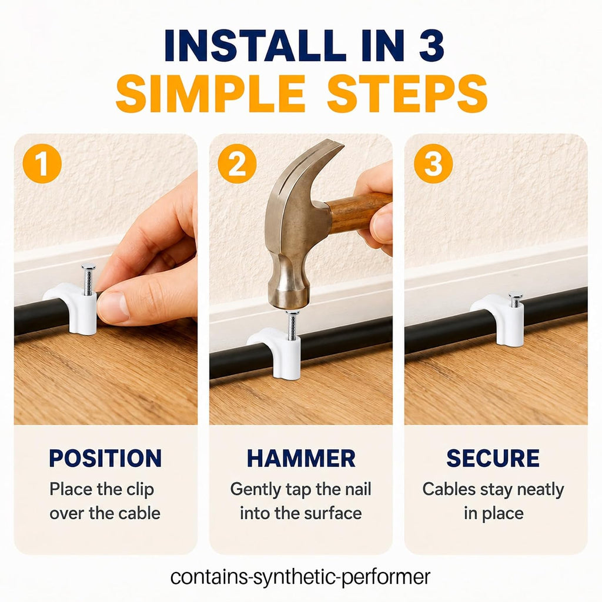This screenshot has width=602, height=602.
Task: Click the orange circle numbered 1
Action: [x=42, y=163]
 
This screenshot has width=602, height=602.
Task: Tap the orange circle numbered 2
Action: [x=238, y=163]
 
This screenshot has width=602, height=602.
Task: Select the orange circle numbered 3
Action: [x=433, y=163]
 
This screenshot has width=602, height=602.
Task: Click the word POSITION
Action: [x=106, y=458]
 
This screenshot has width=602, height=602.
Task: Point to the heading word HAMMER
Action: [x=301, y=458]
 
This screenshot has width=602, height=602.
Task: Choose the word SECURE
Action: [x=493, y=458]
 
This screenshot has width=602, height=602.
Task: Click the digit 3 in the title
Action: [x=432, y=45]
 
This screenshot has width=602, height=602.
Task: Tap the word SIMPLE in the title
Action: [x=211, y=93]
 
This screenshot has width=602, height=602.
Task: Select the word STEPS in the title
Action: [x=407, y=93]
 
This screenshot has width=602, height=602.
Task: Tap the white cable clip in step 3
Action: [x=500, y=318]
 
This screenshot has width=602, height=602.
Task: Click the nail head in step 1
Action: [x=89, y=266]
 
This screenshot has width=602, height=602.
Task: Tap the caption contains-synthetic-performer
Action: [x=300, y=577]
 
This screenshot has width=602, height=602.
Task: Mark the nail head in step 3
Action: [x=516, y=295]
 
